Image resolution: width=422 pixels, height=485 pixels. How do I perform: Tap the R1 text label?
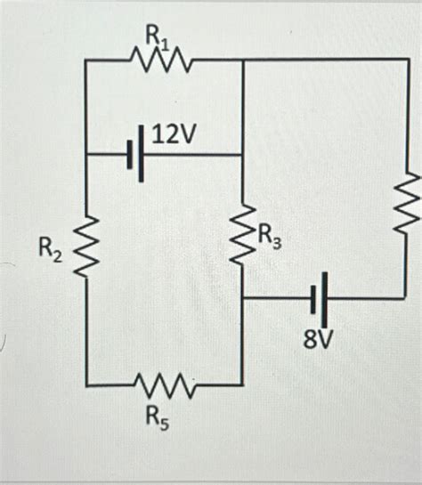159,36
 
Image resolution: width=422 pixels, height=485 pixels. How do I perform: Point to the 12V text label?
174,135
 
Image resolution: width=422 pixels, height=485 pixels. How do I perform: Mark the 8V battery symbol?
319,300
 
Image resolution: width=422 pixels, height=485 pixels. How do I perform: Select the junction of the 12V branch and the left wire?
85,155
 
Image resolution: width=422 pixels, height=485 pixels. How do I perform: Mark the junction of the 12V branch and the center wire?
243,155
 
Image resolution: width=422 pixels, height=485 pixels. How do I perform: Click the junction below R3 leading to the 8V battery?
243,300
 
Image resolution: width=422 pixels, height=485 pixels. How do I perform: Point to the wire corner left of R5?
85,385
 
